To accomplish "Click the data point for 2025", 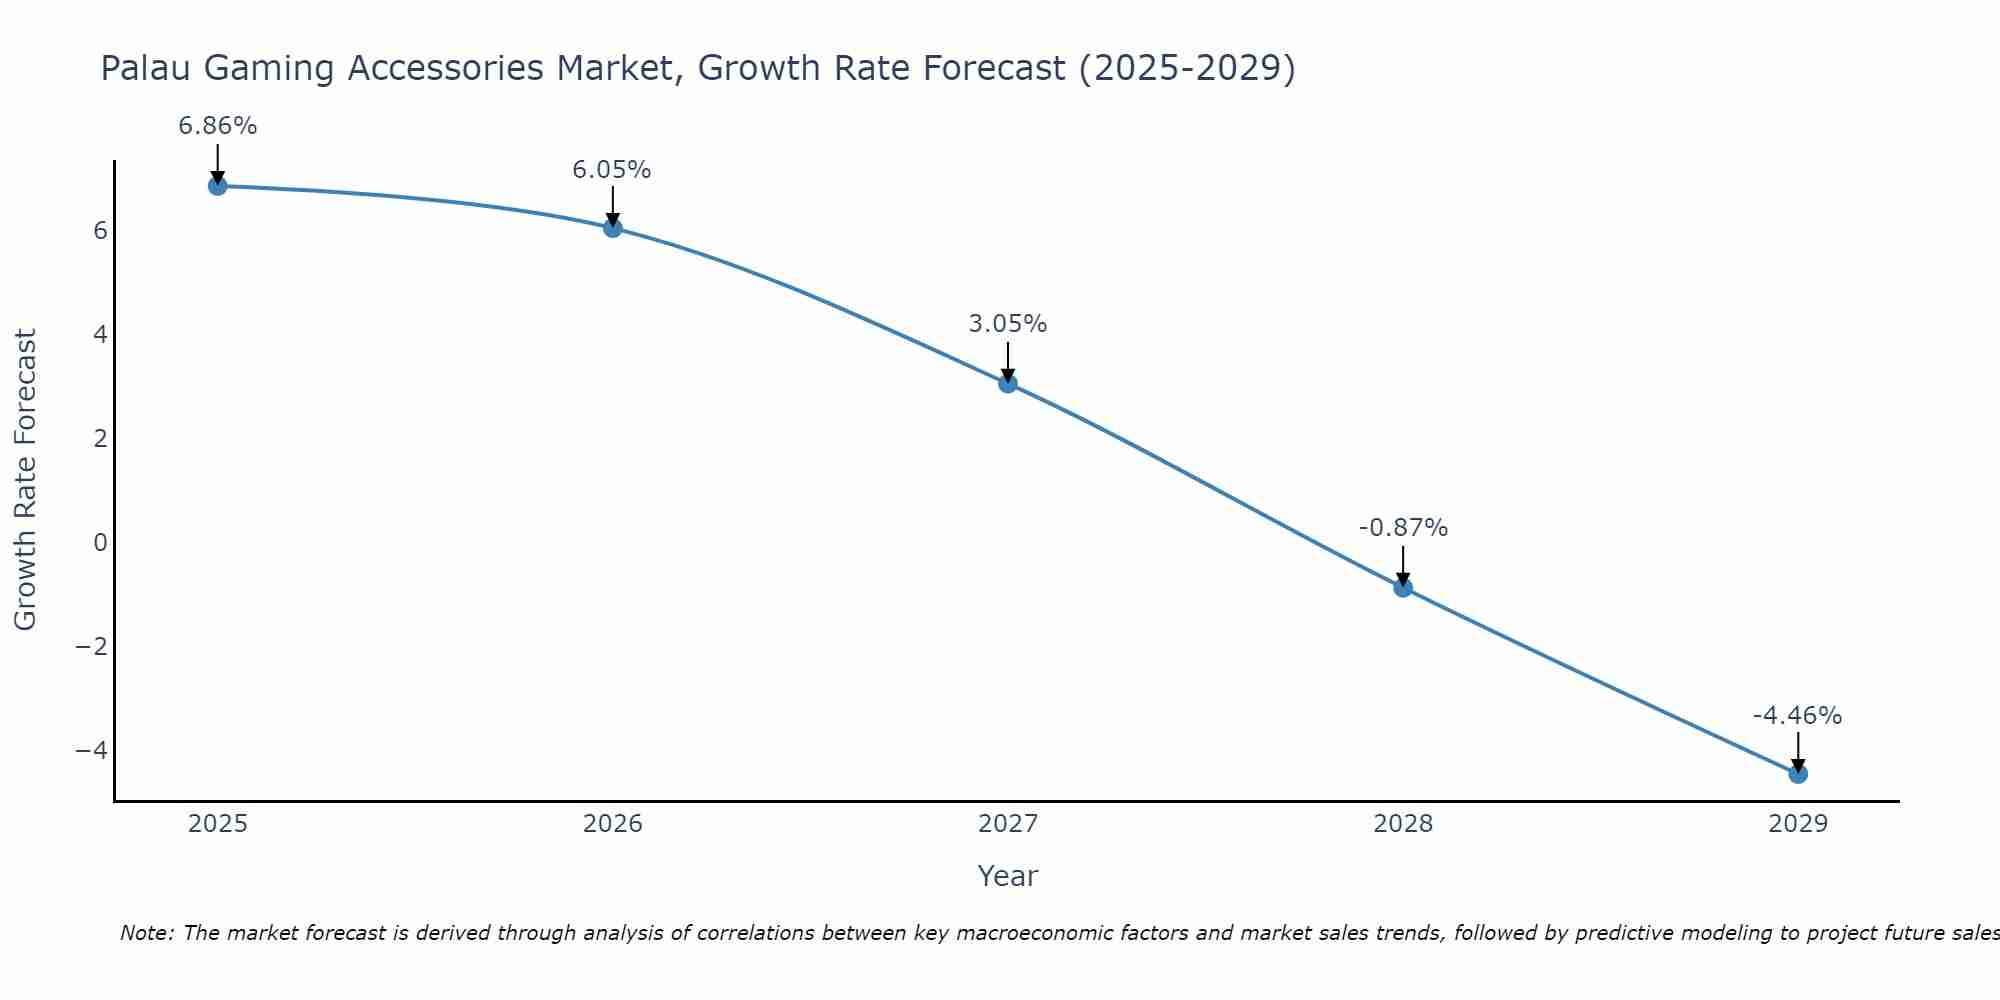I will pos(217,186).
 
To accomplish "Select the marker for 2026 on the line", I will pos(613,228).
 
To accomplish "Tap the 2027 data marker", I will pos(1008,383).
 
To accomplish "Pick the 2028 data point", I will pos(1403,587).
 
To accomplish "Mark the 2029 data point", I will pos(1798,773).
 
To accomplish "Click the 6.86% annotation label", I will pos(217,126).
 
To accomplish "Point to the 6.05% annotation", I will pos(612,170).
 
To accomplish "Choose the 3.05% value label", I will pos(1008,324).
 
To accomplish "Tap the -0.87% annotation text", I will pos(1403,528).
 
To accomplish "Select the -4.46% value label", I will pos(1797,716).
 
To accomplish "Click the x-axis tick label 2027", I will pos(1008,824).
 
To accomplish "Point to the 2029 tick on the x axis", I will pos(1798,824).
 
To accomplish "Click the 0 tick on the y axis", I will pos(100,542).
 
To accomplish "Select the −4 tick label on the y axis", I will pos(92,750).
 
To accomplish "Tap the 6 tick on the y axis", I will pos(100,230).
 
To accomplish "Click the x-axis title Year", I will pos(1008,876).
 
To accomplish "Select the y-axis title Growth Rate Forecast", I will pos(25,480).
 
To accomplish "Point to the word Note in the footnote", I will pos(146,933).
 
